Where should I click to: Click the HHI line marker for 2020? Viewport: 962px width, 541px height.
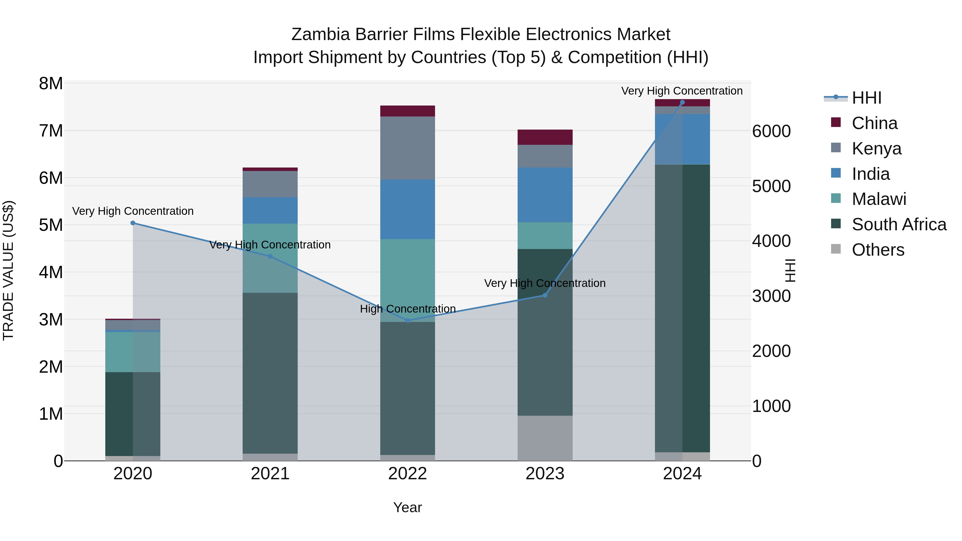click(x=133, y=223)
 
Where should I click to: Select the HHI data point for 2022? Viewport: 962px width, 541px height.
click(x=408, y=321)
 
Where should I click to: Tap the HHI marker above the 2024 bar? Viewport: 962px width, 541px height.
click(x=682, y=102)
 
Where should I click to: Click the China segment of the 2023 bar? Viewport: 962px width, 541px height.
click(x=545, y=137)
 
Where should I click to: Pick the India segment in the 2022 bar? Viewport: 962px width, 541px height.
click(x=408, y=209)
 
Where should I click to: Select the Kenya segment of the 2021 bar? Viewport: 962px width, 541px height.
click(x=270, y=184)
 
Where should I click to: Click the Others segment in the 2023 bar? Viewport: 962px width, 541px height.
click(x=545, y=438)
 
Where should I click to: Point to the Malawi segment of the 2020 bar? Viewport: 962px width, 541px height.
click(x=133, y=352)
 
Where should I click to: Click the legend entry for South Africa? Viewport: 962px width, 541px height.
click(x=899, y=224)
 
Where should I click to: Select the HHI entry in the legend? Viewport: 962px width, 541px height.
click(x=866, y=98)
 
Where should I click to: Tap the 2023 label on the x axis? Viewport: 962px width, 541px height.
click(x=545, y=474)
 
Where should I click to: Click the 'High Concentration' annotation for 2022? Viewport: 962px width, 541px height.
click(x=408, y=309)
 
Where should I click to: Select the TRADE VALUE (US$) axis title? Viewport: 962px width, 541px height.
click(x=9, y=270)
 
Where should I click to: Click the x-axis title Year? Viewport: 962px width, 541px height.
click(x=408, y=507)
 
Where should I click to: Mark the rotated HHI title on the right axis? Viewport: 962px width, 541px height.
click(x=790, y=270)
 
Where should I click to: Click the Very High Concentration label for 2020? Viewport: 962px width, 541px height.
click(x=133, y=211)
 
